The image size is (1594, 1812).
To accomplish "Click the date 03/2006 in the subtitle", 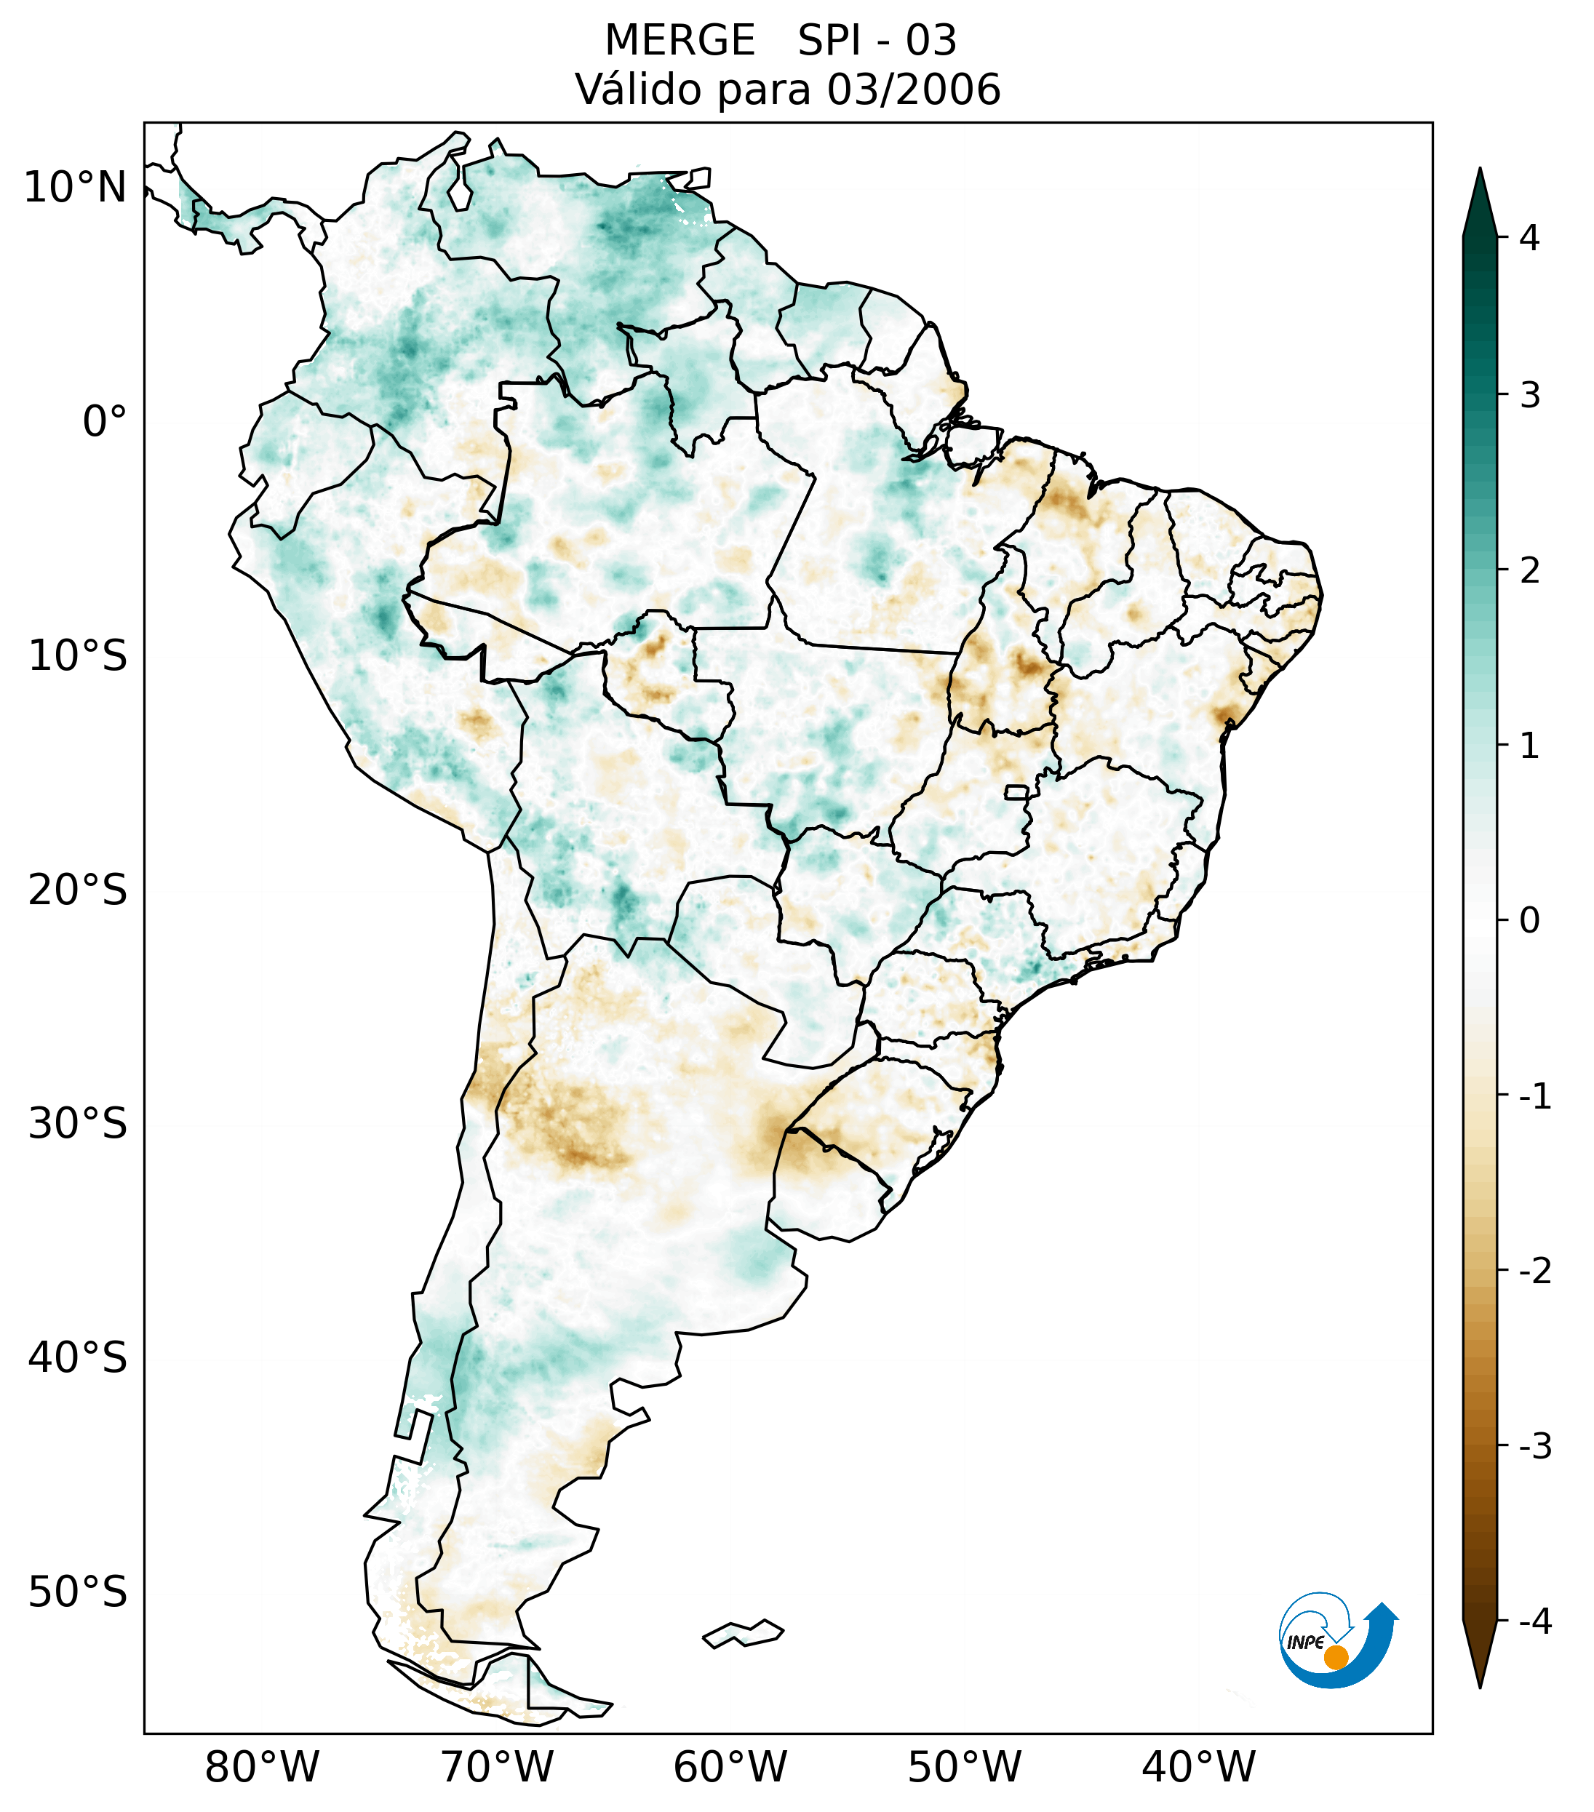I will [x=913, y=89].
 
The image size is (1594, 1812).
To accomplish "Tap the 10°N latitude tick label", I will [x=74, y=188].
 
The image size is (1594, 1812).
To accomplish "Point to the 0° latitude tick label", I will [x=104, y=422].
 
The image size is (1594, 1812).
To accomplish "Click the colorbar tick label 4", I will [x=1529, y=238].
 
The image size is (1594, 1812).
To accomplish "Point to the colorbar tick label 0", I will [x=1529, y=921].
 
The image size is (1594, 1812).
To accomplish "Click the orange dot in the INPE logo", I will [x=1336, y=1657].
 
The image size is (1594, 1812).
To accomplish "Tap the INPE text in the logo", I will [x=1306, y=1643].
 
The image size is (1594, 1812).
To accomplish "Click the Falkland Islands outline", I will [x=743, y=1633].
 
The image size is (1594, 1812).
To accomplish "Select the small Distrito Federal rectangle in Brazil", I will [x=1017, y=791].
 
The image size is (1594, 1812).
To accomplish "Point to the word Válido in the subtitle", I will [x=637, y=89].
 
